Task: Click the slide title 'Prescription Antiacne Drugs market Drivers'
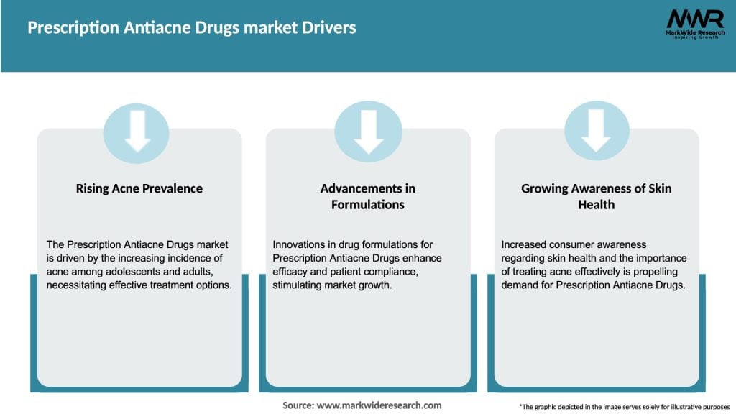tap(191, 28)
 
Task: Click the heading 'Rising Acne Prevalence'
tap(139, 189)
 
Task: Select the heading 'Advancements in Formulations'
tap(368, 196)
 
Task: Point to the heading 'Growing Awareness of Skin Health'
tap(597, 196)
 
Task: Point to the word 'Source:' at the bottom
tap(298, 405)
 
